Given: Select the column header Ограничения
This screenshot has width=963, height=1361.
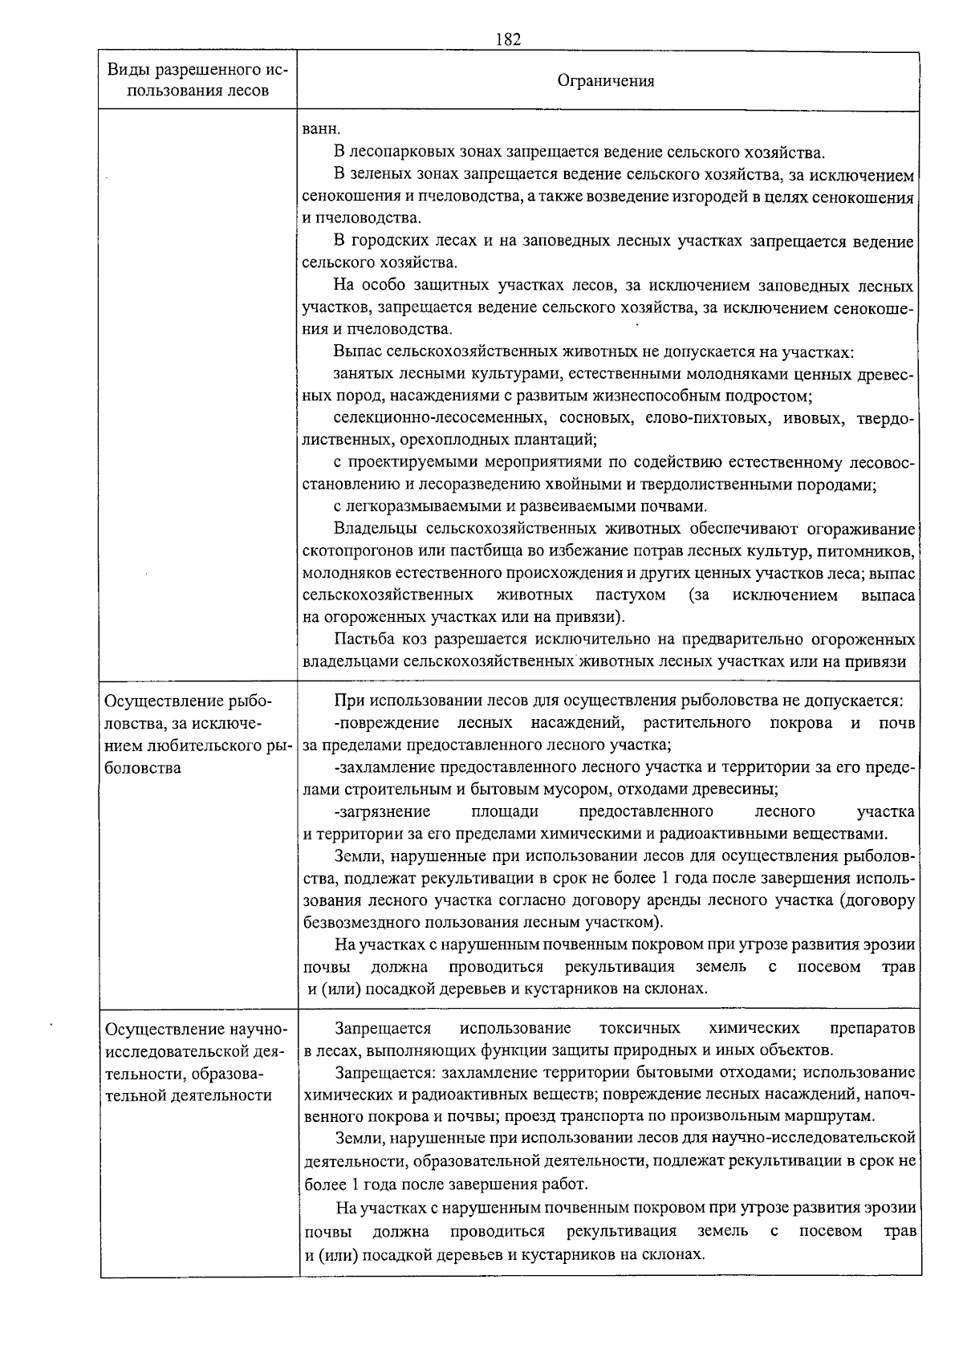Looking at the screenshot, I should [606, 81].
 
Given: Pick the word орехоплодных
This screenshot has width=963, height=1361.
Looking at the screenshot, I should [448, 440].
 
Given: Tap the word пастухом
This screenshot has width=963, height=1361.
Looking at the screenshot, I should [631, 595].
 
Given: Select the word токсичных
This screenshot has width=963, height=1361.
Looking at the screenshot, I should [640, 1028].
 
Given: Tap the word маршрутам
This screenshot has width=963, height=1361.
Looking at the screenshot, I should [834, 1116].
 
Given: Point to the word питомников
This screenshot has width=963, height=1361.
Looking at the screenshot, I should [873, 551].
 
